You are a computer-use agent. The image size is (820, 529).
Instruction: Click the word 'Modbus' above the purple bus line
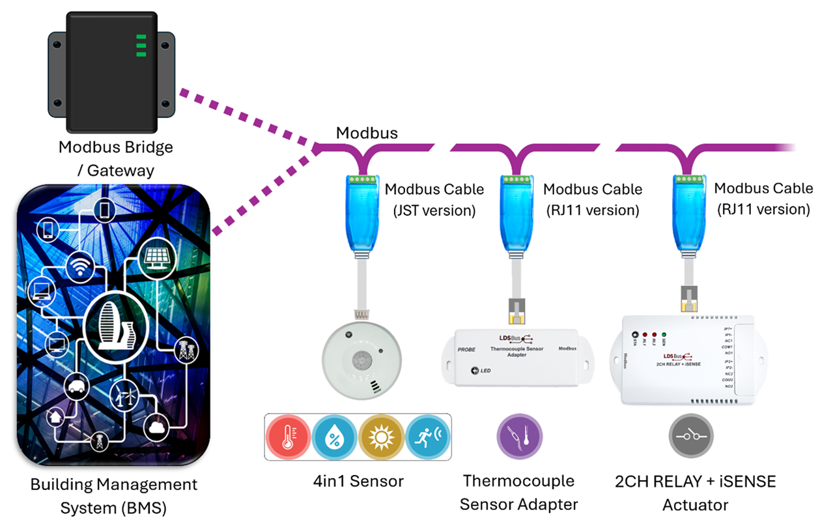367,133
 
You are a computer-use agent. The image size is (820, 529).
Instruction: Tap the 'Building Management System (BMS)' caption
113,495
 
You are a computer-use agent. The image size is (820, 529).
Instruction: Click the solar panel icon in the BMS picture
157,257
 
